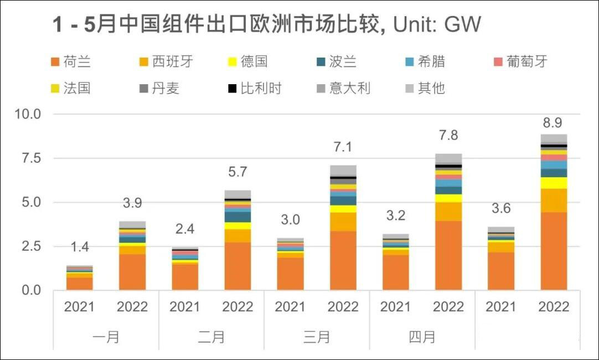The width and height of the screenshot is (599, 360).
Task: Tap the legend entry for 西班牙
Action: tap(166, 61)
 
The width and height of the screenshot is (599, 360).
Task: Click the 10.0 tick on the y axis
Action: tap(27, 115)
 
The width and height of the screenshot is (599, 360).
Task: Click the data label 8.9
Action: tap(554, 123)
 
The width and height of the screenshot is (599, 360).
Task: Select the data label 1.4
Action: tap(80, 248)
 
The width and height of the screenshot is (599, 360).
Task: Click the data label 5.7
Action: tap(237, 172)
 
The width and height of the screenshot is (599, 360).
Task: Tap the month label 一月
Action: tap(106, 336)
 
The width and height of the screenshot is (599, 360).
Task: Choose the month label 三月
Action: tap(317, 336)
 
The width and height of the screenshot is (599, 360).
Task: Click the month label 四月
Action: tap(422, 336)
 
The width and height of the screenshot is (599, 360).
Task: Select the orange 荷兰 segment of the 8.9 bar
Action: tap(554, 251)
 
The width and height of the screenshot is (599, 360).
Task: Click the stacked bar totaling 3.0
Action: tap(290, 264)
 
